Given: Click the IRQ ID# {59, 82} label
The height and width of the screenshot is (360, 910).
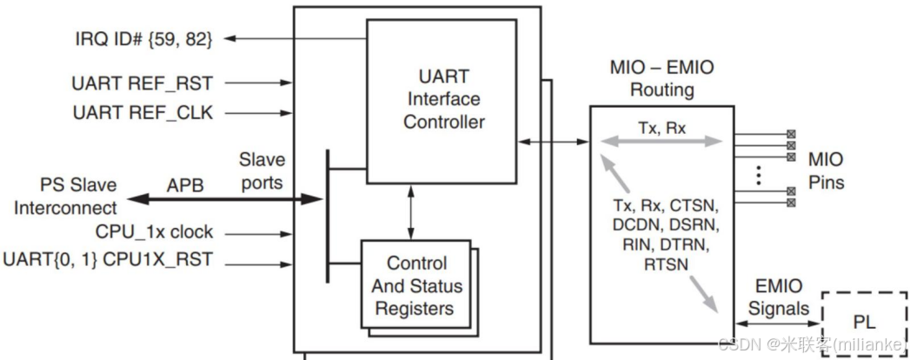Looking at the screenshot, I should pos(143,38).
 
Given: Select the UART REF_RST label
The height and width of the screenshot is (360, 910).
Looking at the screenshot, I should pos(143,83).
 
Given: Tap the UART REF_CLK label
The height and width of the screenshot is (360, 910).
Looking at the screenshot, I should pos(143,113).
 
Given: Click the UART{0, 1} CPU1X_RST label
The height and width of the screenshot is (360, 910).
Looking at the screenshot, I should pos(108,259).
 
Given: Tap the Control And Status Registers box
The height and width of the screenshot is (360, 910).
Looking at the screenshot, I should pos(416,286).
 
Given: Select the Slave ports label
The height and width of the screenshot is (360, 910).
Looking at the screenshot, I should pos(261,172).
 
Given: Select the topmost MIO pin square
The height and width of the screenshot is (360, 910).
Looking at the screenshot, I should pos(790,134).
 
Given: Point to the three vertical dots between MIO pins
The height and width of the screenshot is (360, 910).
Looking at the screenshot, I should pos(757,173).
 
